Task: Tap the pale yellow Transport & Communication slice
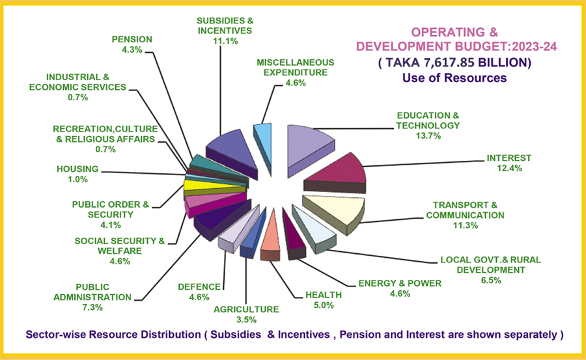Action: pyautogui.click(x=332, y=208)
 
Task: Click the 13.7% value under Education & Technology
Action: pyautogui.click(x=428, y=136)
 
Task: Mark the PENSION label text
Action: pyautogui.click(x=132, y=39)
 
